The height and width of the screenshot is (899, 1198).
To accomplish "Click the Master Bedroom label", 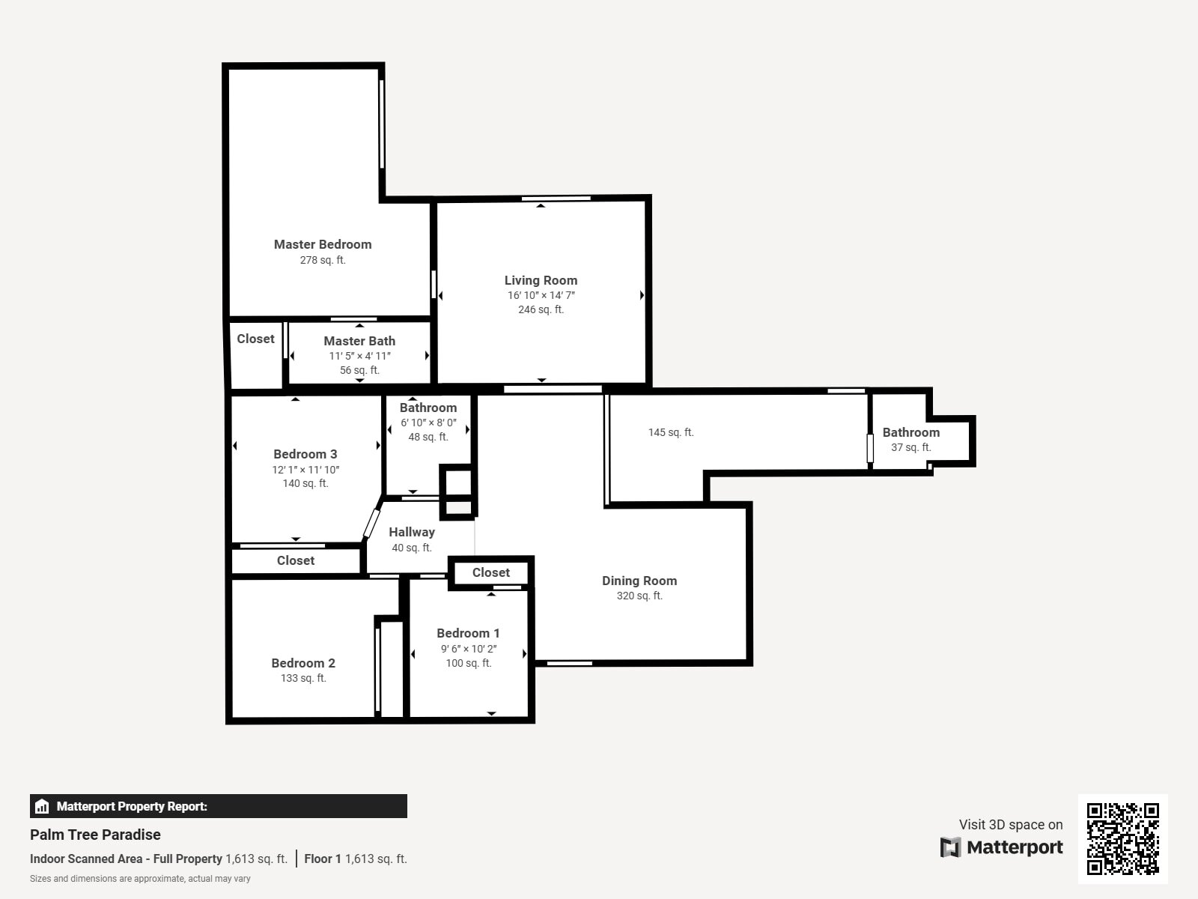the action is coord(323,244).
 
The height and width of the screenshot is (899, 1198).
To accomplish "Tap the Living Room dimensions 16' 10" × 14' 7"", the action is coord(541,295).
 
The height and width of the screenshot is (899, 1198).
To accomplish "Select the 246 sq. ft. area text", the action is coord(541,309).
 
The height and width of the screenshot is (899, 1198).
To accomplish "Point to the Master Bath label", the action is coord(359,341).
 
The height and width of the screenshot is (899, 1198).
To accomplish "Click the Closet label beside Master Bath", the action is coord(255,339).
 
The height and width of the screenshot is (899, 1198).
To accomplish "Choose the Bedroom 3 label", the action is coord(305,454).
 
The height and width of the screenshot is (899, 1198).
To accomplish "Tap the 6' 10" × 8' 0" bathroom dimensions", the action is coord(428,423).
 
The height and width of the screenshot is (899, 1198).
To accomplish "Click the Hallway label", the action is coord(412,532).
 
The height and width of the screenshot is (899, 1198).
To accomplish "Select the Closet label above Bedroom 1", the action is coord(490,572).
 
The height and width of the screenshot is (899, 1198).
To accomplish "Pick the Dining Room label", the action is coord(639,581).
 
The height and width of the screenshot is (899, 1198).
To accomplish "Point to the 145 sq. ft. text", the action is coord(671,432).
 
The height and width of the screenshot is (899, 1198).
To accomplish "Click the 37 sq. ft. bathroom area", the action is coord(911,447).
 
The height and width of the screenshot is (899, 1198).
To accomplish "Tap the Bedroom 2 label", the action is coord(303,663).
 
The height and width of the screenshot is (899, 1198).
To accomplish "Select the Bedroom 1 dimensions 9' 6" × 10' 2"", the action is coord(469,649).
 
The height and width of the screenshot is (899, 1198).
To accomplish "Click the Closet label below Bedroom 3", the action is coord(295,560).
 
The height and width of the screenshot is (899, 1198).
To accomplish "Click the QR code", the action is coord(1122,839).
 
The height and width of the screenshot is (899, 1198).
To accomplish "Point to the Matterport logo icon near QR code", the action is coord(950,847).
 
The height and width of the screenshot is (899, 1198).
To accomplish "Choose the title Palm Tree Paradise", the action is coord(95,835).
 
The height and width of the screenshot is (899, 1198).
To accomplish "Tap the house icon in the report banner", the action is coord(42,806).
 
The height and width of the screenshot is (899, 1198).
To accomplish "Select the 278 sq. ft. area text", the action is coord(323,261).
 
